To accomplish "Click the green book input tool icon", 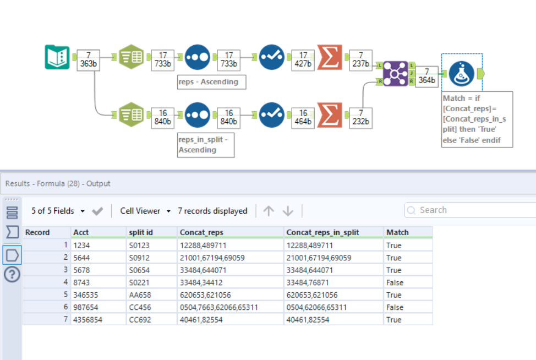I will click(x=57, y=57).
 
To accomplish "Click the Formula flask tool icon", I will click(x=461, y=74).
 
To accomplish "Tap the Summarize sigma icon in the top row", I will click(x=330, y=57).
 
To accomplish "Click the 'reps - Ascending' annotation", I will click(x=211, y=82).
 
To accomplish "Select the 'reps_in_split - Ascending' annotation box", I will click(x=205, y=145).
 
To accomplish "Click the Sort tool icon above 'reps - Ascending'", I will click(x=198, y=57).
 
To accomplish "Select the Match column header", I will click(x=397, y=232).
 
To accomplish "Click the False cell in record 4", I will click(x=395, y=282).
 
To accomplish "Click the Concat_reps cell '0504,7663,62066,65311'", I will click(x=218, y=307).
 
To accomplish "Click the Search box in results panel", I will click(x=468, y=210).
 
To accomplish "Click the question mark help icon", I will click(x=12, y=275).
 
